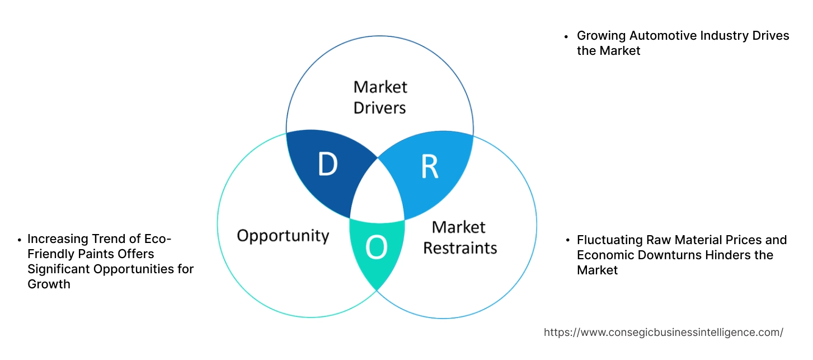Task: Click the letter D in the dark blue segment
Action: click(x=327, y=165)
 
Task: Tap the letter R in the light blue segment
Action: click(x=429, y=167)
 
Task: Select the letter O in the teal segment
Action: click(x=376, y=248)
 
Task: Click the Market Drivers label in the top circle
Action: click(x=380, y=97)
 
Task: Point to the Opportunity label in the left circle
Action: click(x=283, y=235)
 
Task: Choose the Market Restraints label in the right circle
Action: click(x=459, y=237)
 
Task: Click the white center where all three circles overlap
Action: click(x=378, y=196)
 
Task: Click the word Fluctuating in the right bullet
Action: click(x=609, y=240)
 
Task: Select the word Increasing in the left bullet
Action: click(x=57, y=239)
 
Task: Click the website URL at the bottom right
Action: click(x=664, y=332)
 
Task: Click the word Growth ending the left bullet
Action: click(x=49, y=284)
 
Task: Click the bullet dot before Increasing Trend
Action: click(x=19, y=240)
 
